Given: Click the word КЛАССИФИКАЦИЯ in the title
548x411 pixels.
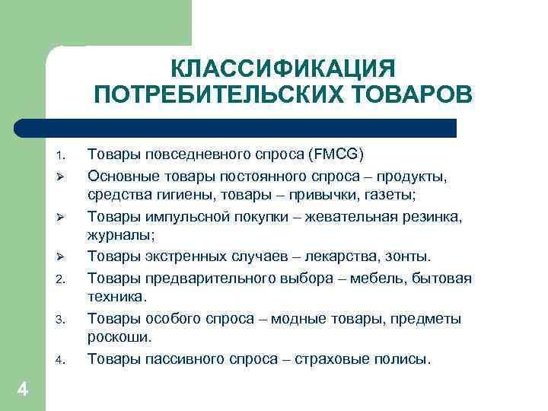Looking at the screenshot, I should (283, 68).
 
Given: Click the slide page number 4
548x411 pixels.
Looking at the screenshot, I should (22, 390).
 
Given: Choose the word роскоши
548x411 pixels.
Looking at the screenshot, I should (119, 338).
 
